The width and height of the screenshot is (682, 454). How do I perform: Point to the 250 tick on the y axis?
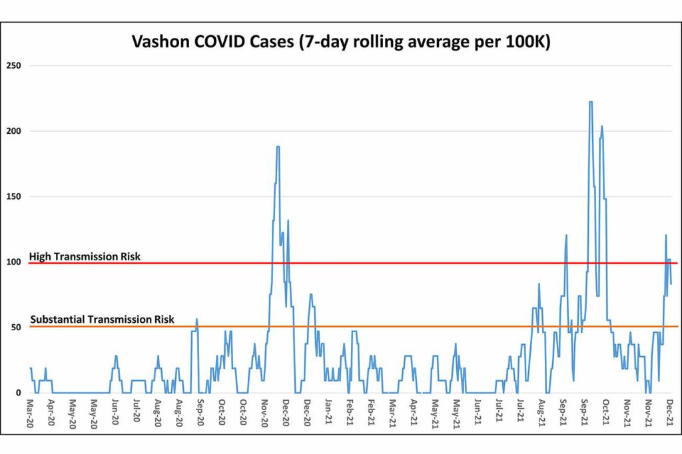pos(13,65)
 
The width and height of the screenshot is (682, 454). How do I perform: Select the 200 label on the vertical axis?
pos(13,131)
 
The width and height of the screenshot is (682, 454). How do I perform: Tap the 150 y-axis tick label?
pos(13,196)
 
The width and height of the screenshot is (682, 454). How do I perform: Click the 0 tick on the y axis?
pos(19,393)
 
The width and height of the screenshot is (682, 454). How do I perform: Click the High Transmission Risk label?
pos(85,256)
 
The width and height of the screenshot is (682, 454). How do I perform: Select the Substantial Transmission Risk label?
pos(103,320)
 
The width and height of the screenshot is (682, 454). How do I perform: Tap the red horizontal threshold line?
pos(400,263)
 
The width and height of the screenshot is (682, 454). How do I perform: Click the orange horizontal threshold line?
pos(400,326)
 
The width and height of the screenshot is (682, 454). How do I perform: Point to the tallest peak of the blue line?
pos(590,102)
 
